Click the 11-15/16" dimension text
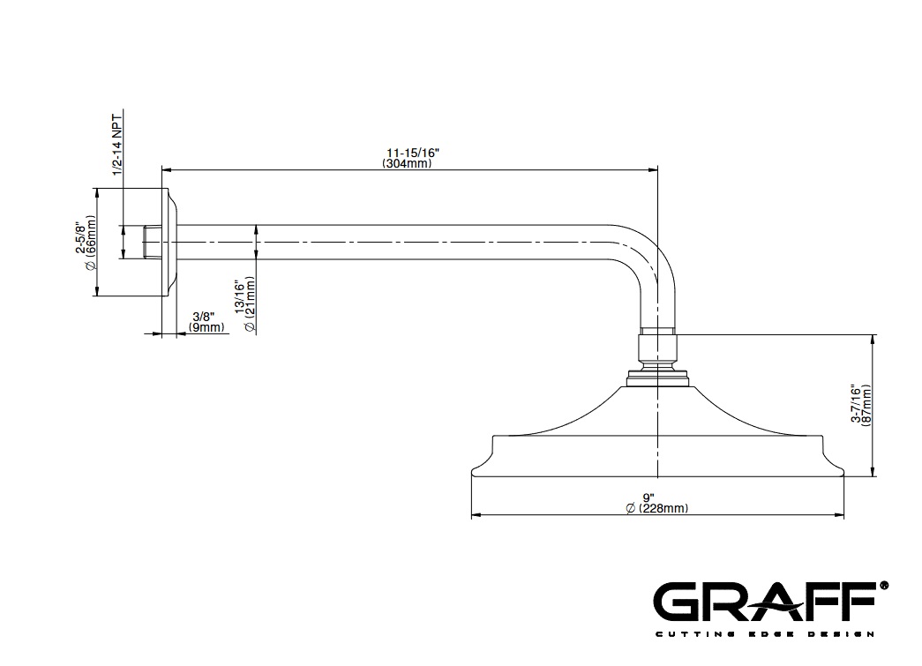[x=413, y=153]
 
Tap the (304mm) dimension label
[x=407, y=163]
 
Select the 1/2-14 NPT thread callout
[x=117, y=142]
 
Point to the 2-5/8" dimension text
[x=79, y=237]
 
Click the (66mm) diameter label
[x=91, y=243]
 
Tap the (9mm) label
[x=207, y=327]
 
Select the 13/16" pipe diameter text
[x=239, y=297]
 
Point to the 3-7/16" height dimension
[x=856, y=404]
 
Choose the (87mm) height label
[x=866, y=404]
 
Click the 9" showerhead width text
[x=648, y=498]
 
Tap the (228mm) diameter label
[x=656, y=508]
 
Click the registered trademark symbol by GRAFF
[x=883, y=586]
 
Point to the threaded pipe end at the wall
[x=152, y=242]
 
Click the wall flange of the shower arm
[x=169, y=243]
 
